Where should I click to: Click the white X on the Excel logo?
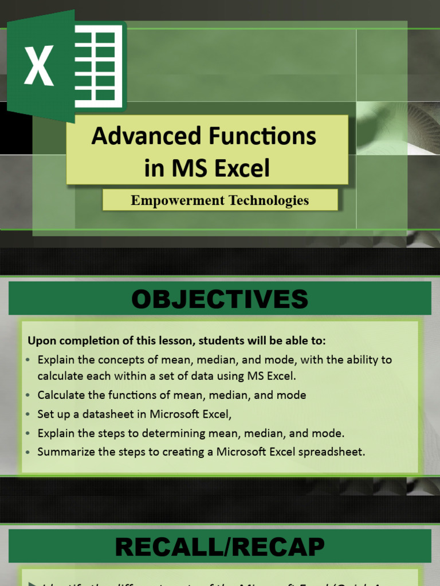tap(38, 65)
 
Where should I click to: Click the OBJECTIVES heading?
tap(219, 299)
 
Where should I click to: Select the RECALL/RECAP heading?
tap(219, 548)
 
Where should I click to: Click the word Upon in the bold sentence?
tap(40, 341)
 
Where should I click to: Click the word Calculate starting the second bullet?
tap(59, 395)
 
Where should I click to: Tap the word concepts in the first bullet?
tap(111, 360)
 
